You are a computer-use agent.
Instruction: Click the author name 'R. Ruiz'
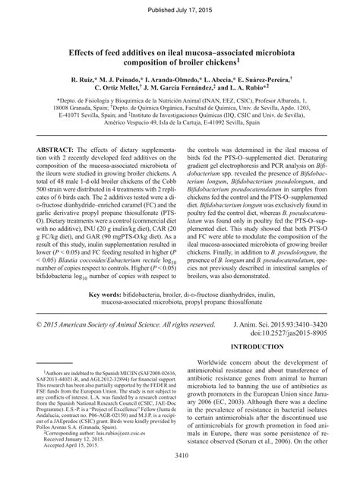pyautogui.click(x=83, y=79)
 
